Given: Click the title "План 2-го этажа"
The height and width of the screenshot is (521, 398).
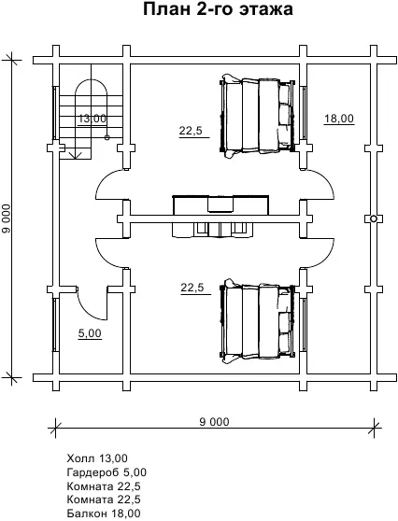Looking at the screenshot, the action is tap(218, 9).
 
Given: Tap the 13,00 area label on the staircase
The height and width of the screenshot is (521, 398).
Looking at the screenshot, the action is tap(92, 119).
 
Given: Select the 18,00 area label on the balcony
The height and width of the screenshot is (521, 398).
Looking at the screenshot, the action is tap(339, 119).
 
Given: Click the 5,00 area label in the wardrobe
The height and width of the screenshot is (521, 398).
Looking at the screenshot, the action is tap(90, 333).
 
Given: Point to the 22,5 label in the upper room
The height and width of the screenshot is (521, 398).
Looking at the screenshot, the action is tap(191, 131).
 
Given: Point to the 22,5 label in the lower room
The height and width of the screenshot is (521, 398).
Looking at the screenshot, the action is tap(192, 288).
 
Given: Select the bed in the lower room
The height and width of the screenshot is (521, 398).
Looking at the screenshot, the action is tap(258, 321).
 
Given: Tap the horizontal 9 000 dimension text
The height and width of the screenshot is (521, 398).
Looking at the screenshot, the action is tap(215, 422).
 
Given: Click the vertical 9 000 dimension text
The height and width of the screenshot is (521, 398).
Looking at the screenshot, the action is tap(7, 218).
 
